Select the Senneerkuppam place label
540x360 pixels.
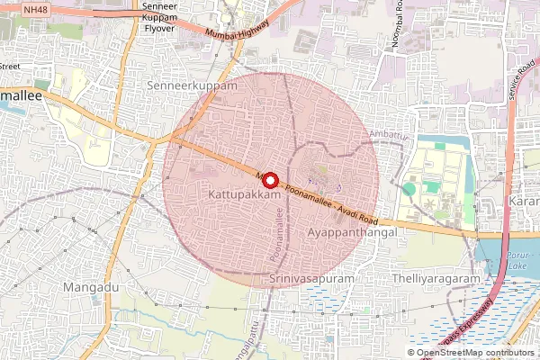point(191,85)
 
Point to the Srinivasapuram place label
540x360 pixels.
point(311,280)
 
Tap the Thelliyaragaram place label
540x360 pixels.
point(437,280)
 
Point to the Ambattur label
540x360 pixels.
point(388,134)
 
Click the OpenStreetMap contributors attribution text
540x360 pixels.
point(474,353)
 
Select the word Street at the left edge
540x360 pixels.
point(11,66)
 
